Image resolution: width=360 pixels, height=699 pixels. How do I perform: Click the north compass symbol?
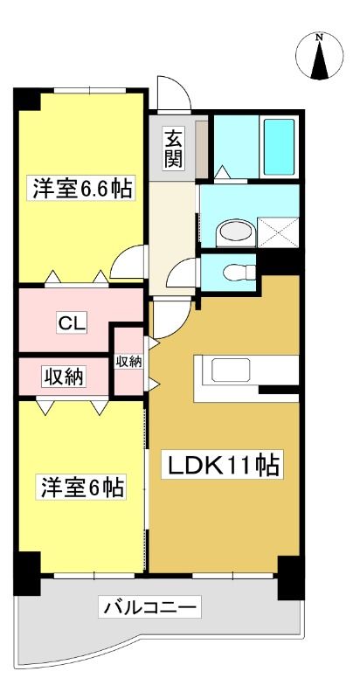click(x=319, y=57)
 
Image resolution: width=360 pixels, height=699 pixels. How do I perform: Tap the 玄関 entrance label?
click(x=174, y=149)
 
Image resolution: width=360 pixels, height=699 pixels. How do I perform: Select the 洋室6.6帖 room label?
click(x=82, y=190)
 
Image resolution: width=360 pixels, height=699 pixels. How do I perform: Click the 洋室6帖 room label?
click(x=82, y=488)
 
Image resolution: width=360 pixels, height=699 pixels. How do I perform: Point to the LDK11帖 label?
click(x=223, y=466)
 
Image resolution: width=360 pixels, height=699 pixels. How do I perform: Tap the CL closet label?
click(x=73, y=323)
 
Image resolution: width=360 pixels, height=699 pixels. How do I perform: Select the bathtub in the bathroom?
click(x=279, y=147)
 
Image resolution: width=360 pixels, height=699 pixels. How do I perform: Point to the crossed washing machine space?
click(x=278, y=232)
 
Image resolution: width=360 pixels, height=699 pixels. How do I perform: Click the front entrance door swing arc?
click(x=174, y=93)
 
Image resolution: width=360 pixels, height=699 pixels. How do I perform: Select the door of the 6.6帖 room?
click(x=128, y=262)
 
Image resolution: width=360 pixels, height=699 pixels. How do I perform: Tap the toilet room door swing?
click(x=182, y=273)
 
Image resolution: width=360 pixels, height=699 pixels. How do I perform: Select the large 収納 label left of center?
click(x=63, y=377)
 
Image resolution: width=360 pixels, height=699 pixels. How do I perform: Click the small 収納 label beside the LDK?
click(x=129, y=361)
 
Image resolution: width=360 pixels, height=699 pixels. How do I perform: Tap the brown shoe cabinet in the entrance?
click(x=202, y=149)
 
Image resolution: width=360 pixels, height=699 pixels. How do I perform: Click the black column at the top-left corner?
click(x=27, y=100)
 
